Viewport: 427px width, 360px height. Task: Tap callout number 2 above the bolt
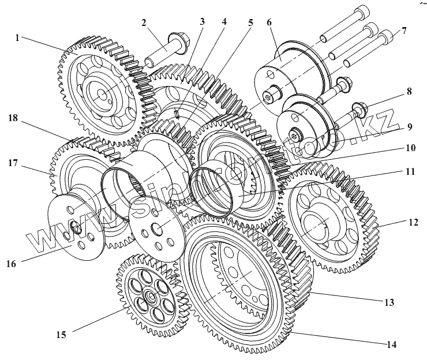(144, 24)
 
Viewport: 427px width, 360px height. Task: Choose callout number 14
(392, 345)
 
